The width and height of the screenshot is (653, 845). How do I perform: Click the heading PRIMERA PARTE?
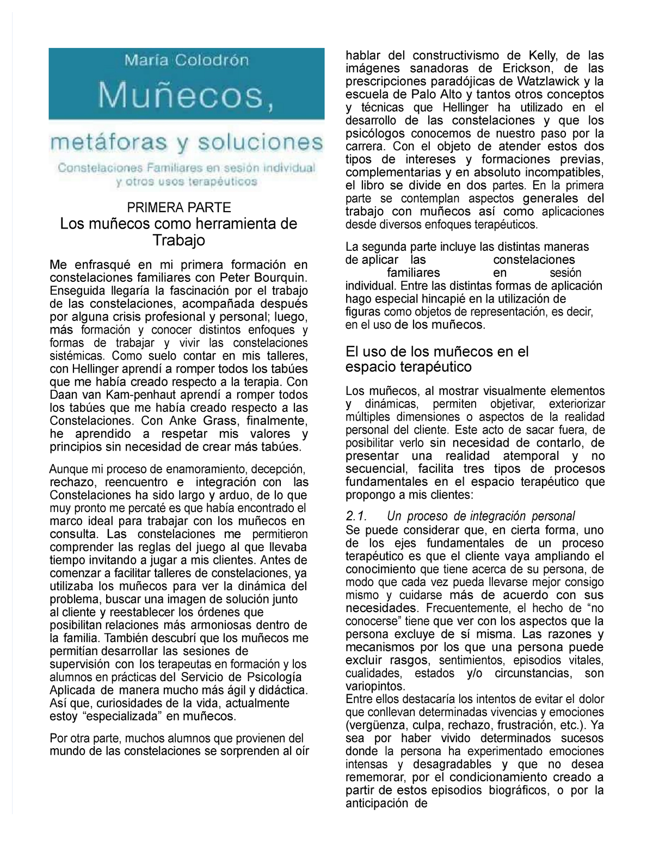[x=178, y=207]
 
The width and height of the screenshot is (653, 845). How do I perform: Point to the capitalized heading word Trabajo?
[x=178, y=240]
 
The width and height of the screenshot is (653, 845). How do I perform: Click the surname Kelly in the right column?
[x=540, y=55]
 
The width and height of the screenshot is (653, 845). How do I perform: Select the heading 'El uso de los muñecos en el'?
[x=437, y=351]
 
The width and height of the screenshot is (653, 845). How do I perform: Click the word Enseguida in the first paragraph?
[x=72, y=291]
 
